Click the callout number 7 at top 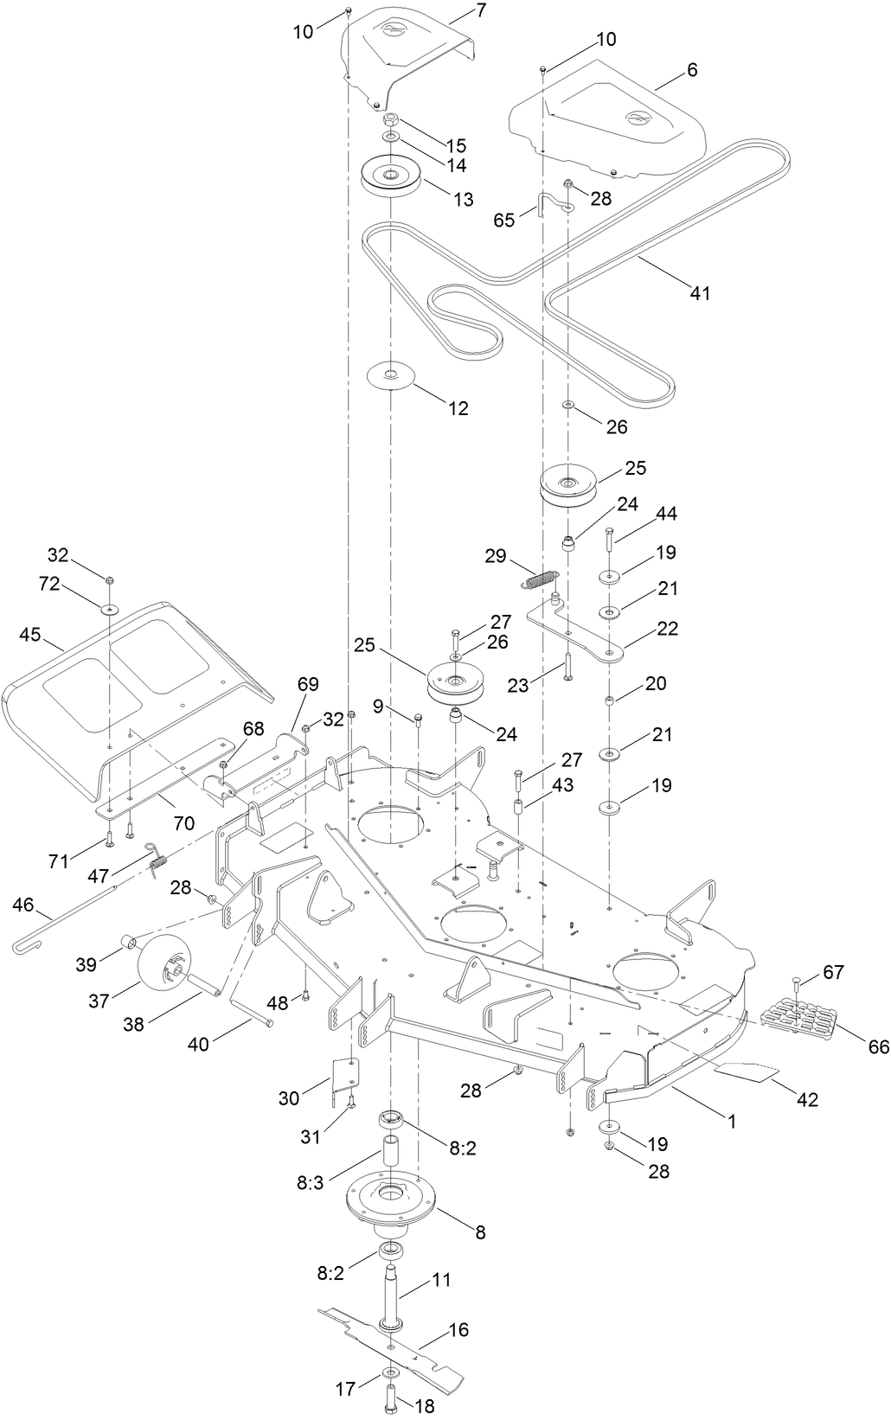(481, 11)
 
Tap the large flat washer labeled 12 (391, 375)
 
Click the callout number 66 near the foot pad (878, 1047)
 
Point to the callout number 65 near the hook (504, 220)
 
